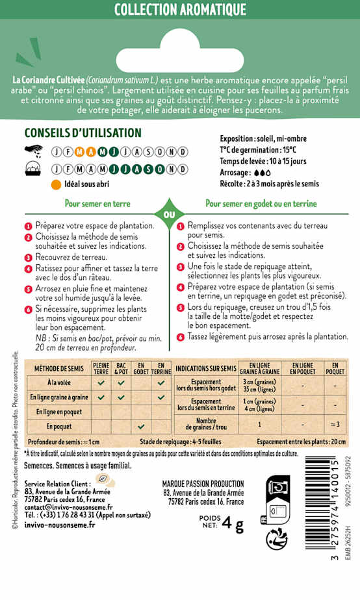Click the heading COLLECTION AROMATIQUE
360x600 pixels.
[180, 10]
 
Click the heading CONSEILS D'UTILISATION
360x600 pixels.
[83, 132]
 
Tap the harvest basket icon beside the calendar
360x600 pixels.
[32, 170]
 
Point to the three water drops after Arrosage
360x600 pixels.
[262, 173]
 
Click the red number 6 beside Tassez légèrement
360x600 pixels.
[181, 337]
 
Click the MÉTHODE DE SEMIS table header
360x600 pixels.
[56, 369]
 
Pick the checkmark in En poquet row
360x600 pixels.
[140, 427]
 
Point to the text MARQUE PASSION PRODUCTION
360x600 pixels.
[203, 484]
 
